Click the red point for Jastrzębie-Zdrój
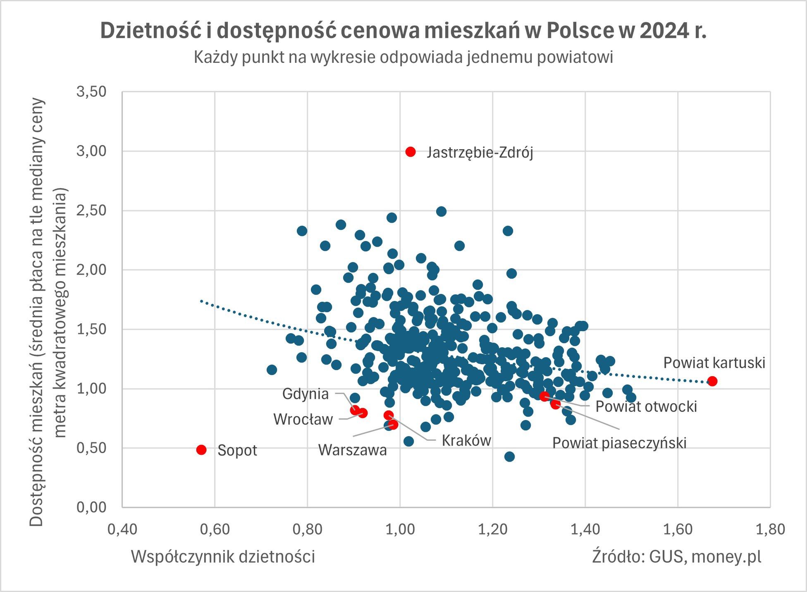coord(410,152)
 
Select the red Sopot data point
coord(201,450)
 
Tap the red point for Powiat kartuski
coord(712,381)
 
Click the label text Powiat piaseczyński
coord(619,443)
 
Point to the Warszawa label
coord(352,450)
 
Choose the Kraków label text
coord(466,441)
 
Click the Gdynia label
coord(305,394)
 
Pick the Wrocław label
coord(303,420)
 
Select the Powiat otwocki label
coord(646,406)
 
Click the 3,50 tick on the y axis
coord(91,92)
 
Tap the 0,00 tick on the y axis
coord(91,507)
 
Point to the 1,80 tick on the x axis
coord(770,530)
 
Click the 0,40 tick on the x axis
coord(122,530)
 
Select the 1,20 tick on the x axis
coord(492,530)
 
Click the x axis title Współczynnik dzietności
coord(223,556)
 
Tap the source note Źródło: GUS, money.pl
coord(676,556)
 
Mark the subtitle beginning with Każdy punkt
coord(403,57)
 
